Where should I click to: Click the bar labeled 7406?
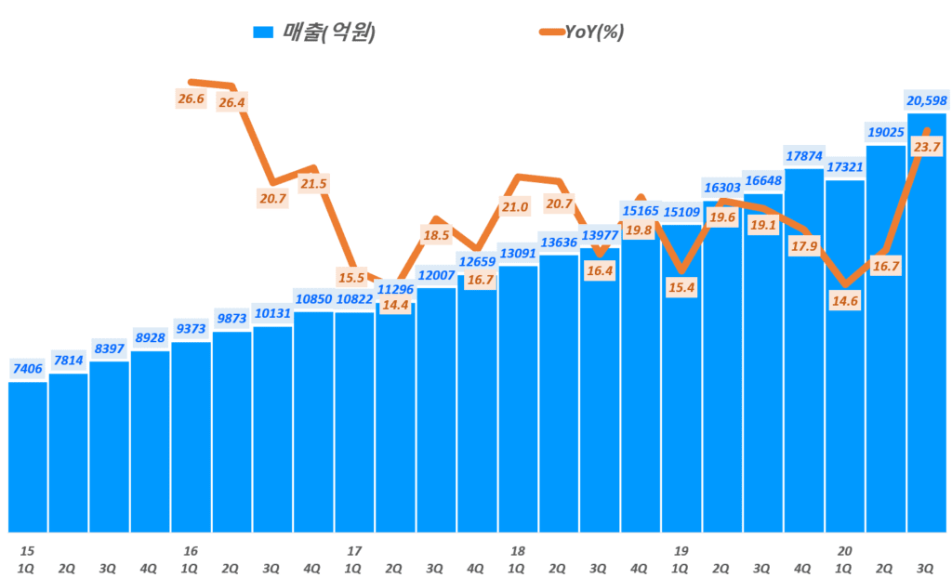[x=27, y=455]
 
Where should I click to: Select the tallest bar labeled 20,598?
[x=926, y=325]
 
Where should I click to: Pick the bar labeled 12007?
[x=436, y=409]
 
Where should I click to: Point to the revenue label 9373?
[x=191, y=329]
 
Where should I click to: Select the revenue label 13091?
[x=518, y=253]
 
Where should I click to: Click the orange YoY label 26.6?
[x=192, y=99]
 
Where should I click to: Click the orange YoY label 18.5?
[x=436, y=236]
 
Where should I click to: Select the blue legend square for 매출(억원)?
[x=263, y=33]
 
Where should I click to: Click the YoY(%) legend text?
[x=594, y=33]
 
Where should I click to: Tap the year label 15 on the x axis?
[x=27, y=551]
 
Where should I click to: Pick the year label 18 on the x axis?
[x=518, y=551]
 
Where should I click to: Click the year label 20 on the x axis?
[x=844, y=551]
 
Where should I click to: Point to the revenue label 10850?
[x=313, y=298]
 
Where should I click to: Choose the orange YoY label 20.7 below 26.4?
[x=272, y=198]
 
